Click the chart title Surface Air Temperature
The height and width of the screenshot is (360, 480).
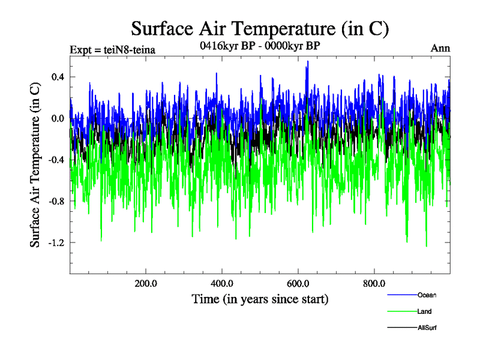click(260, 28)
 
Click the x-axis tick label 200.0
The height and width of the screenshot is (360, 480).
click(146, 284)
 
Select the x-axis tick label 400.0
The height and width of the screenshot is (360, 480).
click(222, 284)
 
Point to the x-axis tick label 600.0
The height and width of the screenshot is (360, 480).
click(298, 284)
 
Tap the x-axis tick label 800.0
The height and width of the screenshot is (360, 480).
click(374, 284)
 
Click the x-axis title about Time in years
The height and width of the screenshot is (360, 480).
click(260, 298)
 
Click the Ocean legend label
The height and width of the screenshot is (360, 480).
click(427, 295)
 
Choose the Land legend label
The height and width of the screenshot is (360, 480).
click(424, 311)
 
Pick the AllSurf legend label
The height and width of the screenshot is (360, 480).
click(427, 328)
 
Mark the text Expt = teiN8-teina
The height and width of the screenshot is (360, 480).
click(113, 50)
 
